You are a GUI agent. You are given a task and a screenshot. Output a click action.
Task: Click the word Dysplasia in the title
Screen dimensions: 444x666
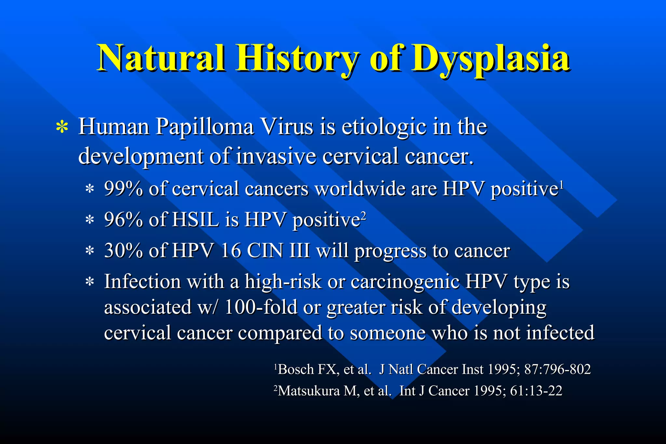point(490,59)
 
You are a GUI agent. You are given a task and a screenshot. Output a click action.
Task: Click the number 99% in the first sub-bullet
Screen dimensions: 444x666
point(123,189)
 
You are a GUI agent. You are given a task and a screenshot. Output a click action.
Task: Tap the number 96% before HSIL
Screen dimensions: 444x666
point(123,220)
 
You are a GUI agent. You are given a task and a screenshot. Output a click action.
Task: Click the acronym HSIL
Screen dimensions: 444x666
point(195,220)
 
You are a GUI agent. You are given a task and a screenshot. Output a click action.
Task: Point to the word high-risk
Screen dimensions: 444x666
point(283,281)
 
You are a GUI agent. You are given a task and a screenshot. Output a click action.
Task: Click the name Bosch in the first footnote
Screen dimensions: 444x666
point(296,370)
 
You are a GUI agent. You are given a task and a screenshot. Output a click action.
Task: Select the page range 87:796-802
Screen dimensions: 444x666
point(557,370)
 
